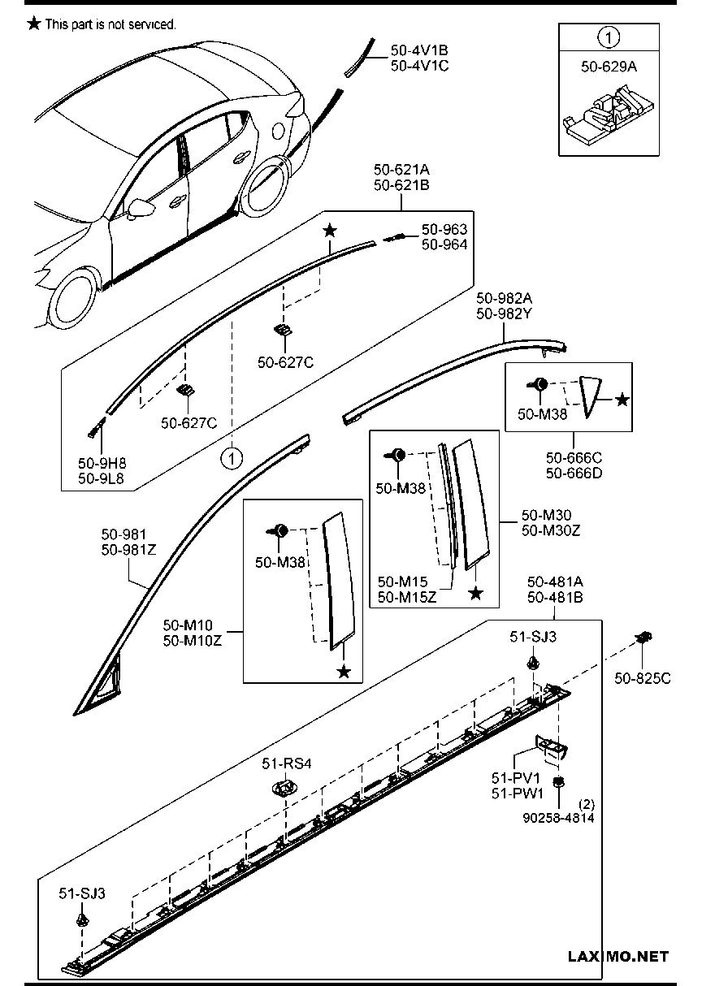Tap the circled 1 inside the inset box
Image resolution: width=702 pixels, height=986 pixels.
pos(609,37)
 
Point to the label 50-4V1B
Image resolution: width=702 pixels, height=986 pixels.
pos(419,50)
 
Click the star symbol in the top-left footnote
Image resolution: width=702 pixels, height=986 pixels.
pos(33,24)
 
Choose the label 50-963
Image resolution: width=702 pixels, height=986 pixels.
pos(444,230)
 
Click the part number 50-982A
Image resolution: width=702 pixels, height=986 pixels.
pos(505,298)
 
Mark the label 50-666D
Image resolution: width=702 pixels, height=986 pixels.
pos(574,474)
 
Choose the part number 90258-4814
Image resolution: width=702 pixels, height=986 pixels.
pos(558,818)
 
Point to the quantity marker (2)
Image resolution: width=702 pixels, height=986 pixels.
pos(585,804)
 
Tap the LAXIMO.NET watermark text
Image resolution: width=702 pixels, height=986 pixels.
pos(618,956)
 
